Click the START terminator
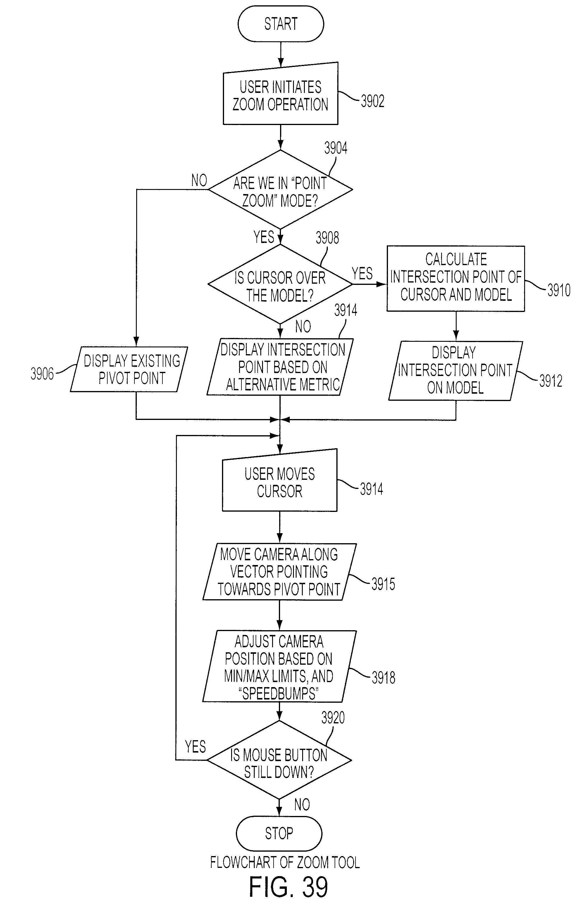click(281, 24)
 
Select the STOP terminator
click(279, 833)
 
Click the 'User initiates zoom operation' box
click(281, 94)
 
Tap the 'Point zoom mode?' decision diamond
click(281, 190)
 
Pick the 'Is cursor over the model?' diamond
click(280, 284)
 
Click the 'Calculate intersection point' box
click(456, 278)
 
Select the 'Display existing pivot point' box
click(129, 369)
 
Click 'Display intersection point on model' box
click(455, 371)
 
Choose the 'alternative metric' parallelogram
click(280, 367)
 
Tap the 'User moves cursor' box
click(280, 480)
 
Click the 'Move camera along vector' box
click(279, 572)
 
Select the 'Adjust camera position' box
click(279, 666)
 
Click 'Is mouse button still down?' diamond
click(279, 760)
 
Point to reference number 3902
click(372, 101)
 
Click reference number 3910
click(559, 290)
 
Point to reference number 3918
click(384, 678)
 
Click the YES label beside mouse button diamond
click(195, 747)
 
